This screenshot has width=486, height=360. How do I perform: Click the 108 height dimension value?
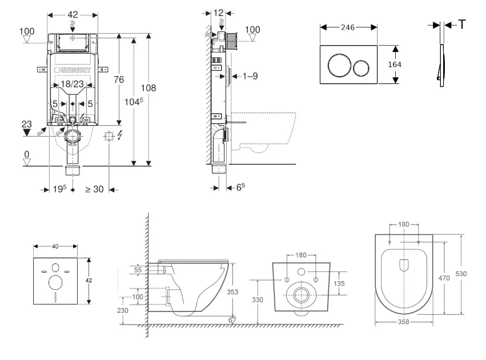point(148,88)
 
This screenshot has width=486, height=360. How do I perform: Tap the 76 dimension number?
point(119,80)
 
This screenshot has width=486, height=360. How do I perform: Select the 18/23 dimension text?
point(73,84)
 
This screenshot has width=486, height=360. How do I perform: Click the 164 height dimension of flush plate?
point(395,65)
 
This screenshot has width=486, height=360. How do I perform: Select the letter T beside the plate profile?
point(462,25)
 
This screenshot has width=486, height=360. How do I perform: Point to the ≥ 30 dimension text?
point(94,189)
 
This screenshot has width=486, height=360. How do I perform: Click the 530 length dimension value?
point(461,274)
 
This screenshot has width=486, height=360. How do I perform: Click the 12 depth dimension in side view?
point(219,13)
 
